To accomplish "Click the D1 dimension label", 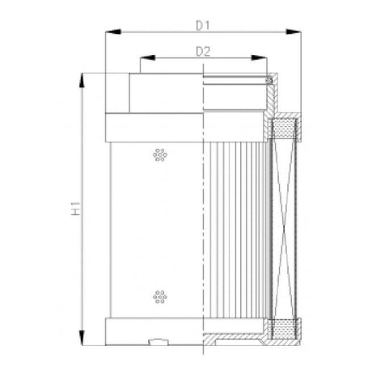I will (203, 25).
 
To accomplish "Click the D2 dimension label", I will (204, 53).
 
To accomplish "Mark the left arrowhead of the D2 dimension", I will (144, 60).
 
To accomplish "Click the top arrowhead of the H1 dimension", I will (82, 78).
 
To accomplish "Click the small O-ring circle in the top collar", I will (270, 79).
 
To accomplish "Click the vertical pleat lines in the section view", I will (239, 226).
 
